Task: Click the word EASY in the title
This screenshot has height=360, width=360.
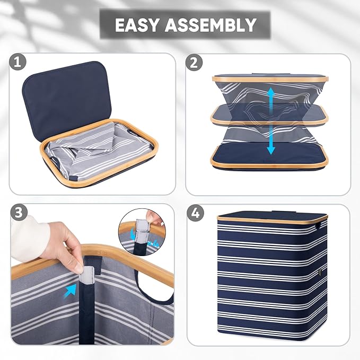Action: (137, 24)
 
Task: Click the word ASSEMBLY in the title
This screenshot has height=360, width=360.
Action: (210, 24)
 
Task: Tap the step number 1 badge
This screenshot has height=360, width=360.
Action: (17, 62)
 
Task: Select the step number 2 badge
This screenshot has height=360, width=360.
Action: (194, 63)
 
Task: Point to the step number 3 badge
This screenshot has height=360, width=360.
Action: (19, 213)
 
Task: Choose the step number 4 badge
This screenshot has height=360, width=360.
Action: (195, 213)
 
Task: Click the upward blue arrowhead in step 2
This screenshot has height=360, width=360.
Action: (271, 92)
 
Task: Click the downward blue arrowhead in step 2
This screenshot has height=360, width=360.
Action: (271, 150)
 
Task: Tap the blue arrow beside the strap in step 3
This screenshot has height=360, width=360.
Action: (71, 291)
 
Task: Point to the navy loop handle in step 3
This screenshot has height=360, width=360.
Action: (152, 287)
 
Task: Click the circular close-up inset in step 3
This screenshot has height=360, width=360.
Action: (142, 232)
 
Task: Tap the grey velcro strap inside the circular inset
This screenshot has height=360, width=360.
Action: (143, 230)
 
